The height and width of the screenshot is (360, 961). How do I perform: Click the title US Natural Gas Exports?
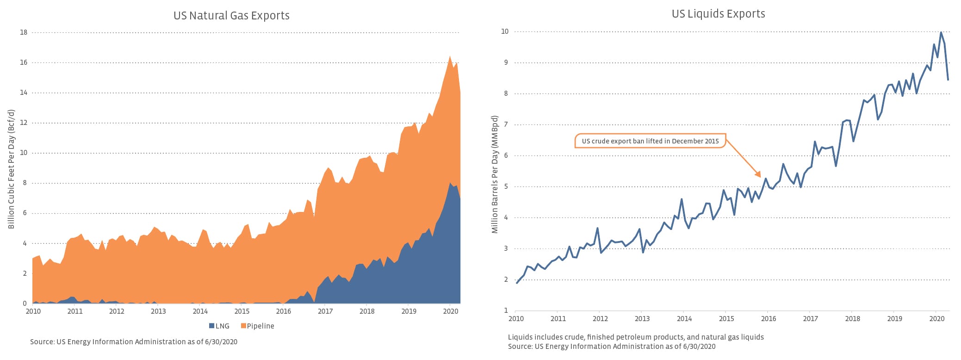[231, 16]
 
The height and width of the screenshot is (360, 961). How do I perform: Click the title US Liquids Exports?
[718, 14]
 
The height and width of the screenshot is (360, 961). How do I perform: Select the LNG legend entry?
[219, 326]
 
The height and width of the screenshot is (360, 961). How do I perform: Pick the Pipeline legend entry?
[258, 326]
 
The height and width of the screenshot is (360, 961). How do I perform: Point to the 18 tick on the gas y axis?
[24, 32]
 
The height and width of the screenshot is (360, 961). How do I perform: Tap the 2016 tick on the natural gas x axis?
[284, 311]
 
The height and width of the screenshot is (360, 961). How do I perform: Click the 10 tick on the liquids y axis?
[505, 31]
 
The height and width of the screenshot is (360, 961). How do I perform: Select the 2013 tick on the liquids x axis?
[642, 319]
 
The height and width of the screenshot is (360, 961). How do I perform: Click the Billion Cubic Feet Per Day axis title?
[12, 169]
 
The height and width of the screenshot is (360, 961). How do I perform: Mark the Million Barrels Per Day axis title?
[495, 174]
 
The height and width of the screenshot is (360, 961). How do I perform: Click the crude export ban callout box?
[650, 141]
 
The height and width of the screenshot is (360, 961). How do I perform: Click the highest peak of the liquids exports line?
[941, 32]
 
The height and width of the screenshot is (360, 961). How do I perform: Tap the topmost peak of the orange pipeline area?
[450, 56]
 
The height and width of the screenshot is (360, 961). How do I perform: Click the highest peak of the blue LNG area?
[451, 183]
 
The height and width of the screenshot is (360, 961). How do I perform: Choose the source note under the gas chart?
[134, 342]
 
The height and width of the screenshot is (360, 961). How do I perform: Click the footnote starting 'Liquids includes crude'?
[636, 337]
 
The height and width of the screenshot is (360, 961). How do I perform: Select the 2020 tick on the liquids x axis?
[937, 319]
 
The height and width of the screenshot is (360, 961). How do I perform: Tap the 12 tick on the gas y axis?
[24, 123]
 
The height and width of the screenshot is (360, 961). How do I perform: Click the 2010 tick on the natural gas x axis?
[33, 311]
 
